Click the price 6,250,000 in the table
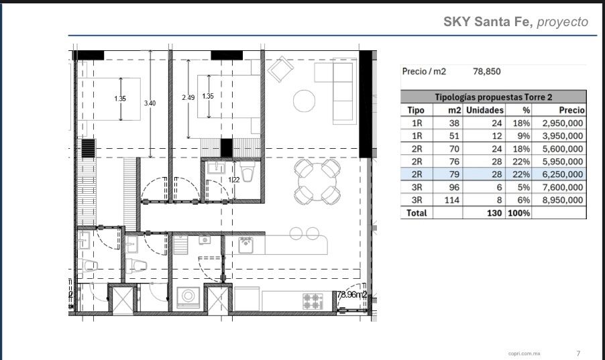pyautogui.click(x=563, y=174)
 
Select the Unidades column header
pyautogui.click(x=485, y=111)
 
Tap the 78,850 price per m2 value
pyautogui.click(x=486, y=71)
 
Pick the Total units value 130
pyautogui.click(x=494, y=213)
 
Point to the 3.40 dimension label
pyautogui.click(x=150, y=103)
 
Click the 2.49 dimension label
pyautogui.click(x=188, y=98)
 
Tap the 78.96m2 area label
pyautogui.click(x=352, y=294)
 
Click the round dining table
pyautogui.click(x=317, y=182)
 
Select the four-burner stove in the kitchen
pyautogui.click(x=313, y=302)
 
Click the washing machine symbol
pyautogui.click(x=188, y=297)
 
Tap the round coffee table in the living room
pyautogui.click(x=304, y=101)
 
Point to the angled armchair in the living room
pyautogui.click(x=281, y=70)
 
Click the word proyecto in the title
pyautogui.click(x=563, y=22)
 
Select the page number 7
pyautogui.click(x=578, y=353)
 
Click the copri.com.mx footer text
pyautogui.click(x=525, y=353)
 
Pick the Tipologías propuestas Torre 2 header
pyautogui.click(x=494, y=97)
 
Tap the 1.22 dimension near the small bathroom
pyautogui.click(x=234, y=180)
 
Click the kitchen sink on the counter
pyautogui.click(x=245, y=245)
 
